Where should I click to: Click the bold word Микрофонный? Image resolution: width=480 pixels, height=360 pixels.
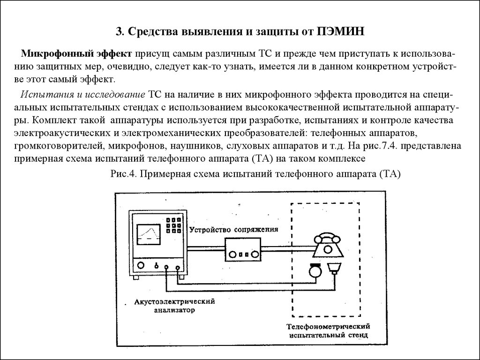coord(58,54)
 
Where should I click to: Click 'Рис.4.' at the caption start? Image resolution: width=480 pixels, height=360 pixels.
coord(123,174)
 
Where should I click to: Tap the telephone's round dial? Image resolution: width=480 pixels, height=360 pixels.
coord(328,249)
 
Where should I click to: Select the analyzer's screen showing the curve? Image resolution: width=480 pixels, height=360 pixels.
coord(149,234)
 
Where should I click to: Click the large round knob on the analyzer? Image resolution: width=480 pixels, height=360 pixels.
coord(141,265)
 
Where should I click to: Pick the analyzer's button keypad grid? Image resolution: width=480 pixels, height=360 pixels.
coord(173,225)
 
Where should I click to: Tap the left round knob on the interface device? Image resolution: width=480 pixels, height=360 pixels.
coord(233,255)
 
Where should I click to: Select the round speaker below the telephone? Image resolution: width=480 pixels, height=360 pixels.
coord(315,270)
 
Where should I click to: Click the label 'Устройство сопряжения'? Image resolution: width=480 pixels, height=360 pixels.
coord(233,229)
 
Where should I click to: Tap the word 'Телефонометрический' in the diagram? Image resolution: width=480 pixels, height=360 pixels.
coord(329,326)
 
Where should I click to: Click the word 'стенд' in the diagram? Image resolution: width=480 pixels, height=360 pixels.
coord(358,335)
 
